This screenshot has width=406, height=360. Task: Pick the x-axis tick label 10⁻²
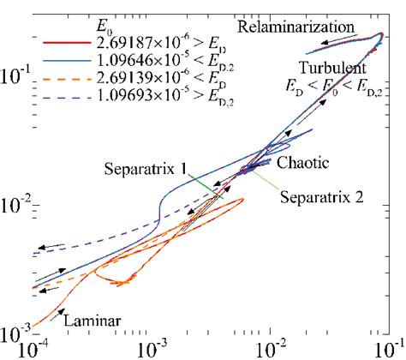pyautogui.click(x=270, y=351)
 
